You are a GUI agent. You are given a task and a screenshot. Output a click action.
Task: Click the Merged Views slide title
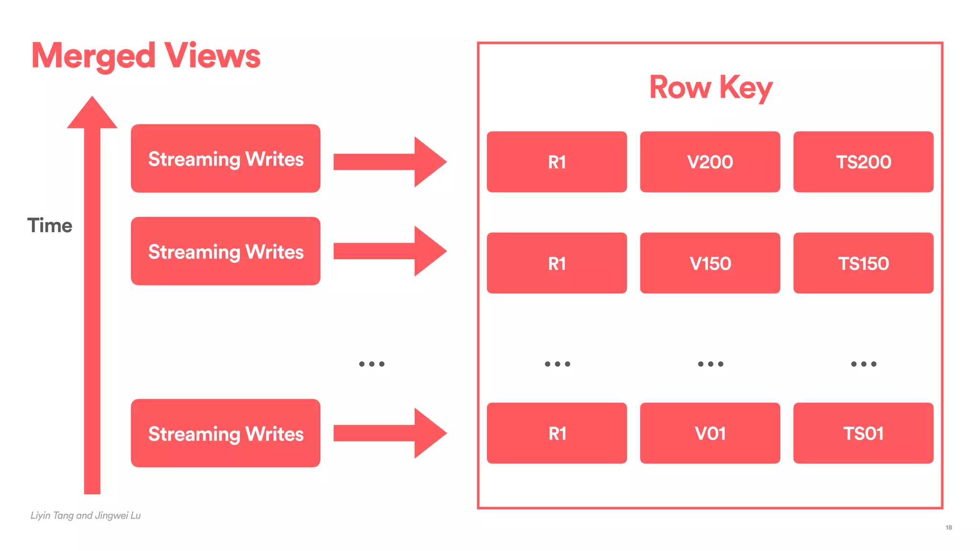point(146,55)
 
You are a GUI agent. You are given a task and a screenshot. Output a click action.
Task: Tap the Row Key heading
point(711,88)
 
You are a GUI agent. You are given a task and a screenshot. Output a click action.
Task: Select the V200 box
point(710,162)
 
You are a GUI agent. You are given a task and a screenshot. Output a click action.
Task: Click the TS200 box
point(863,162)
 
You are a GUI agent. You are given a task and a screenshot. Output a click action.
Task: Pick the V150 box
point(710,263)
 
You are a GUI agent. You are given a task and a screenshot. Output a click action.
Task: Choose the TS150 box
point(863,263)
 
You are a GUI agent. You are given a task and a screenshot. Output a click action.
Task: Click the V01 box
point(710,433)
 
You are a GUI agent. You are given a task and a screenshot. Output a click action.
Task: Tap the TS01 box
point(863,433)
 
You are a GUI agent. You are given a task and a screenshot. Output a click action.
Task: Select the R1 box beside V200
point(557,162)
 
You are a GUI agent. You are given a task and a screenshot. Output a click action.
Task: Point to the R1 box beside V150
point(557,263)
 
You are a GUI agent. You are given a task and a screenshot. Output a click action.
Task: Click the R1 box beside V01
point(557,433)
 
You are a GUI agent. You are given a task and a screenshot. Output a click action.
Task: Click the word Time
point(50,225)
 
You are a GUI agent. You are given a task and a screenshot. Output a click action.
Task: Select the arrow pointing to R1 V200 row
point(390,162)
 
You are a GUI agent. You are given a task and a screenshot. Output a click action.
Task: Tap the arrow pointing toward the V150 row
point(390,251)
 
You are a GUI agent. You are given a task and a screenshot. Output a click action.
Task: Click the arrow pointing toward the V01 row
point(390,433)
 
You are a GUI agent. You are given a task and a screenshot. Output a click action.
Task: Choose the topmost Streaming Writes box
point(225,159)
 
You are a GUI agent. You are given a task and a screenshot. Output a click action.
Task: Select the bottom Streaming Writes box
point(225,433)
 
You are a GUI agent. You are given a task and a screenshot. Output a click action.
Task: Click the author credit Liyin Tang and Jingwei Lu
point(86,516)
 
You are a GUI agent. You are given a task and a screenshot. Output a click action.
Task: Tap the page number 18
point(948,528)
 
